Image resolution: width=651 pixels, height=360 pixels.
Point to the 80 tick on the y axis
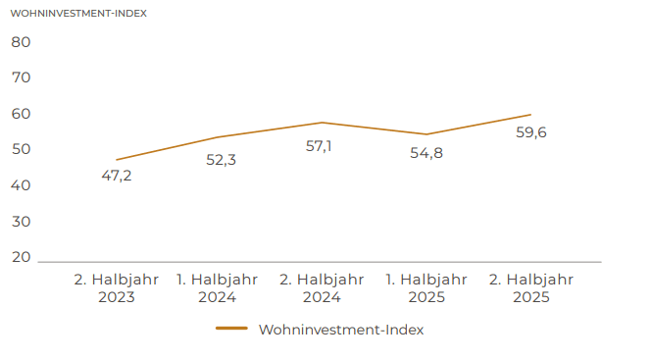(22, 42)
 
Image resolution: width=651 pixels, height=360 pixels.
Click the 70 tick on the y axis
(22, 77)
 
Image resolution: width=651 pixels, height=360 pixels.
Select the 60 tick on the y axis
(22, 114)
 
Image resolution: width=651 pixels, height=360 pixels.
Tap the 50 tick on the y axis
(22, 149)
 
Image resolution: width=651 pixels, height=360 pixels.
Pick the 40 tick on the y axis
(22, 185)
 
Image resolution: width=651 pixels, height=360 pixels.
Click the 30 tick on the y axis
(22, 222)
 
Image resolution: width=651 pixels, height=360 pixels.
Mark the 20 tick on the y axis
(22, 257)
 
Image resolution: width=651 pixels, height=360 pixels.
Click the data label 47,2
(117, 177)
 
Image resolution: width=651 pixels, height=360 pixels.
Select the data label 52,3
(221, 159)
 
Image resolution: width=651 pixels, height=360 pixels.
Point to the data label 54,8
(426, 152)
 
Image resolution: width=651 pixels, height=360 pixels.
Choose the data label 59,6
(530, 132)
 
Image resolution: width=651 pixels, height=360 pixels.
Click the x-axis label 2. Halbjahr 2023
(117, 287)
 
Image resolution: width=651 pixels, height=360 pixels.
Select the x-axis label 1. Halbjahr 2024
(218, 287)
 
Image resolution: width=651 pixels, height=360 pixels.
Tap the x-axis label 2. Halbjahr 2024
(323, 287)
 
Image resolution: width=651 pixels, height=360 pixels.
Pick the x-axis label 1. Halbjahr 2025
(426, 287)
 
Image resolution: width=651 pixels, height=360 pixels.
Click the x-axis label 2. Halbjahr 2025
(530, 287)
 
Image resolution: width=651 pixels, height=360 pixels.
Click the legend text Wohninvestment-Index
(341, 330)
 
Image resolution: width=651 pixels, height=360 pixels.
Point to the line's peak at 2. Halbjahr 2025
(530, 115)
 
